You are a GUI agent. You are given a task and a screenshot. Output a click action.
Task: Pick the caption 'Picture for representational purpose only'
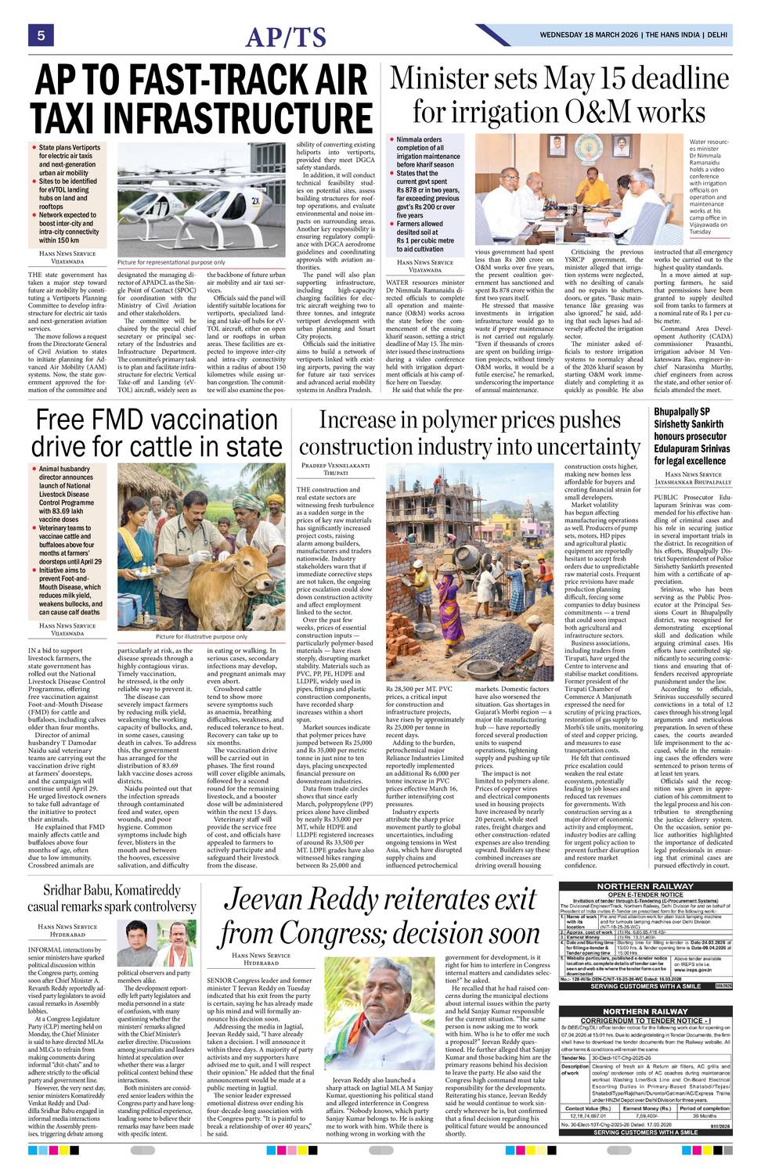point(171,262)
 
